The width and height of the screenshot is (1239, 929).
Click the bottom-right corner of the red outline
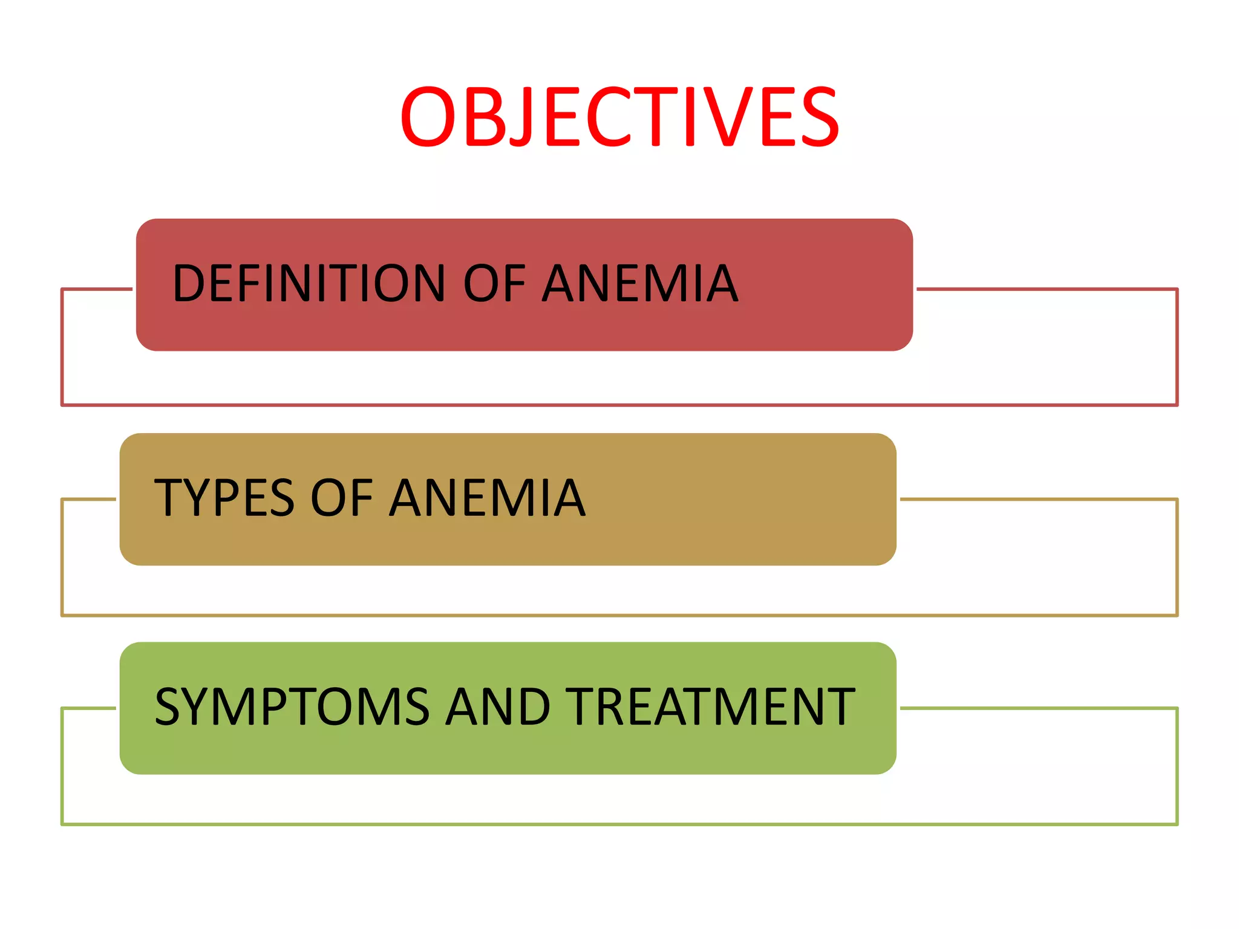[x=1177, y=405]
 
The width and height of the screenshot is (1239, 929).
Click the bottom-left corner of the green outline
[x=62, y=824]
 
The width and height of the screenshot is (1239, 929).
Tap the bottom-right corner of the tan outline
[x=1177, y=615]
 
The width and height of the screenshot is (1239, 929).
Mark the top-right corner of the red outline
[x=1177, y=289]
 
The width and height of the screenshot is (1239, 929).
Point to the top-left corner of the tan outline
[x=62, y=500]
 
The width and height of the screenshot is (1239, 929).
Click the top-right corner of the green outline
[x=1177, y=708]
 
